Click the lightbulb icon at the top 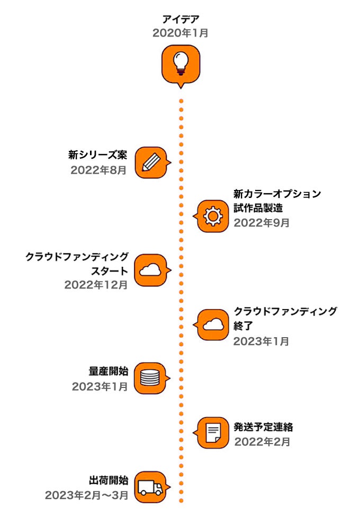coord(181,64)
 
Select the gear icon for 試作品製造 coord(213,216)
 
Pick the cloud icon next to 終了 coord(213,324)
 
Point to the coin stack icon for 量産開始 coord(150,378)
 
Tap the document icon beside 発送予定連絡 coord(213,432)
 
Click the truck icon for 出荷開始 coord(150,486)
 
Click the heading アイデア coord(181,20)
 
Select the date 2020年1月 coord(181,33)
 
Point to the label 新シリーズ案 coord(98,155)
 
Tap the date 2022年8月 coord(99,170)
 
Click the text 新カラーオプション coord(277,194)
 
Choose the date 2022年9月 coord(262,222)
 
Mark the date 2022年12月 coord(96,285)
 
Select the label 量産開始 coord(109,372)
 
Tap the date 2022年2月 coord(262,441)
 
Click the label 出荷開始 coord(109,480)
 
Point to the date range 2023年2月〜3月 coord(87,495)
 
